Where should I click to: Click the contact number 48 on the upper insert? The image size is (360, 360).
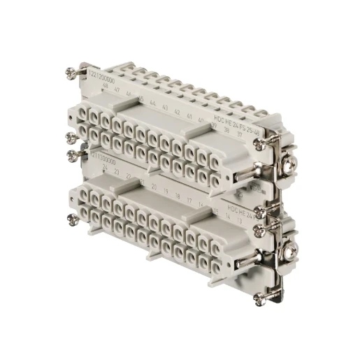104,87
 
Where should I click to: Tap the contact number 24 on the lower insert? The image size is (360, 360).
105,168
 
